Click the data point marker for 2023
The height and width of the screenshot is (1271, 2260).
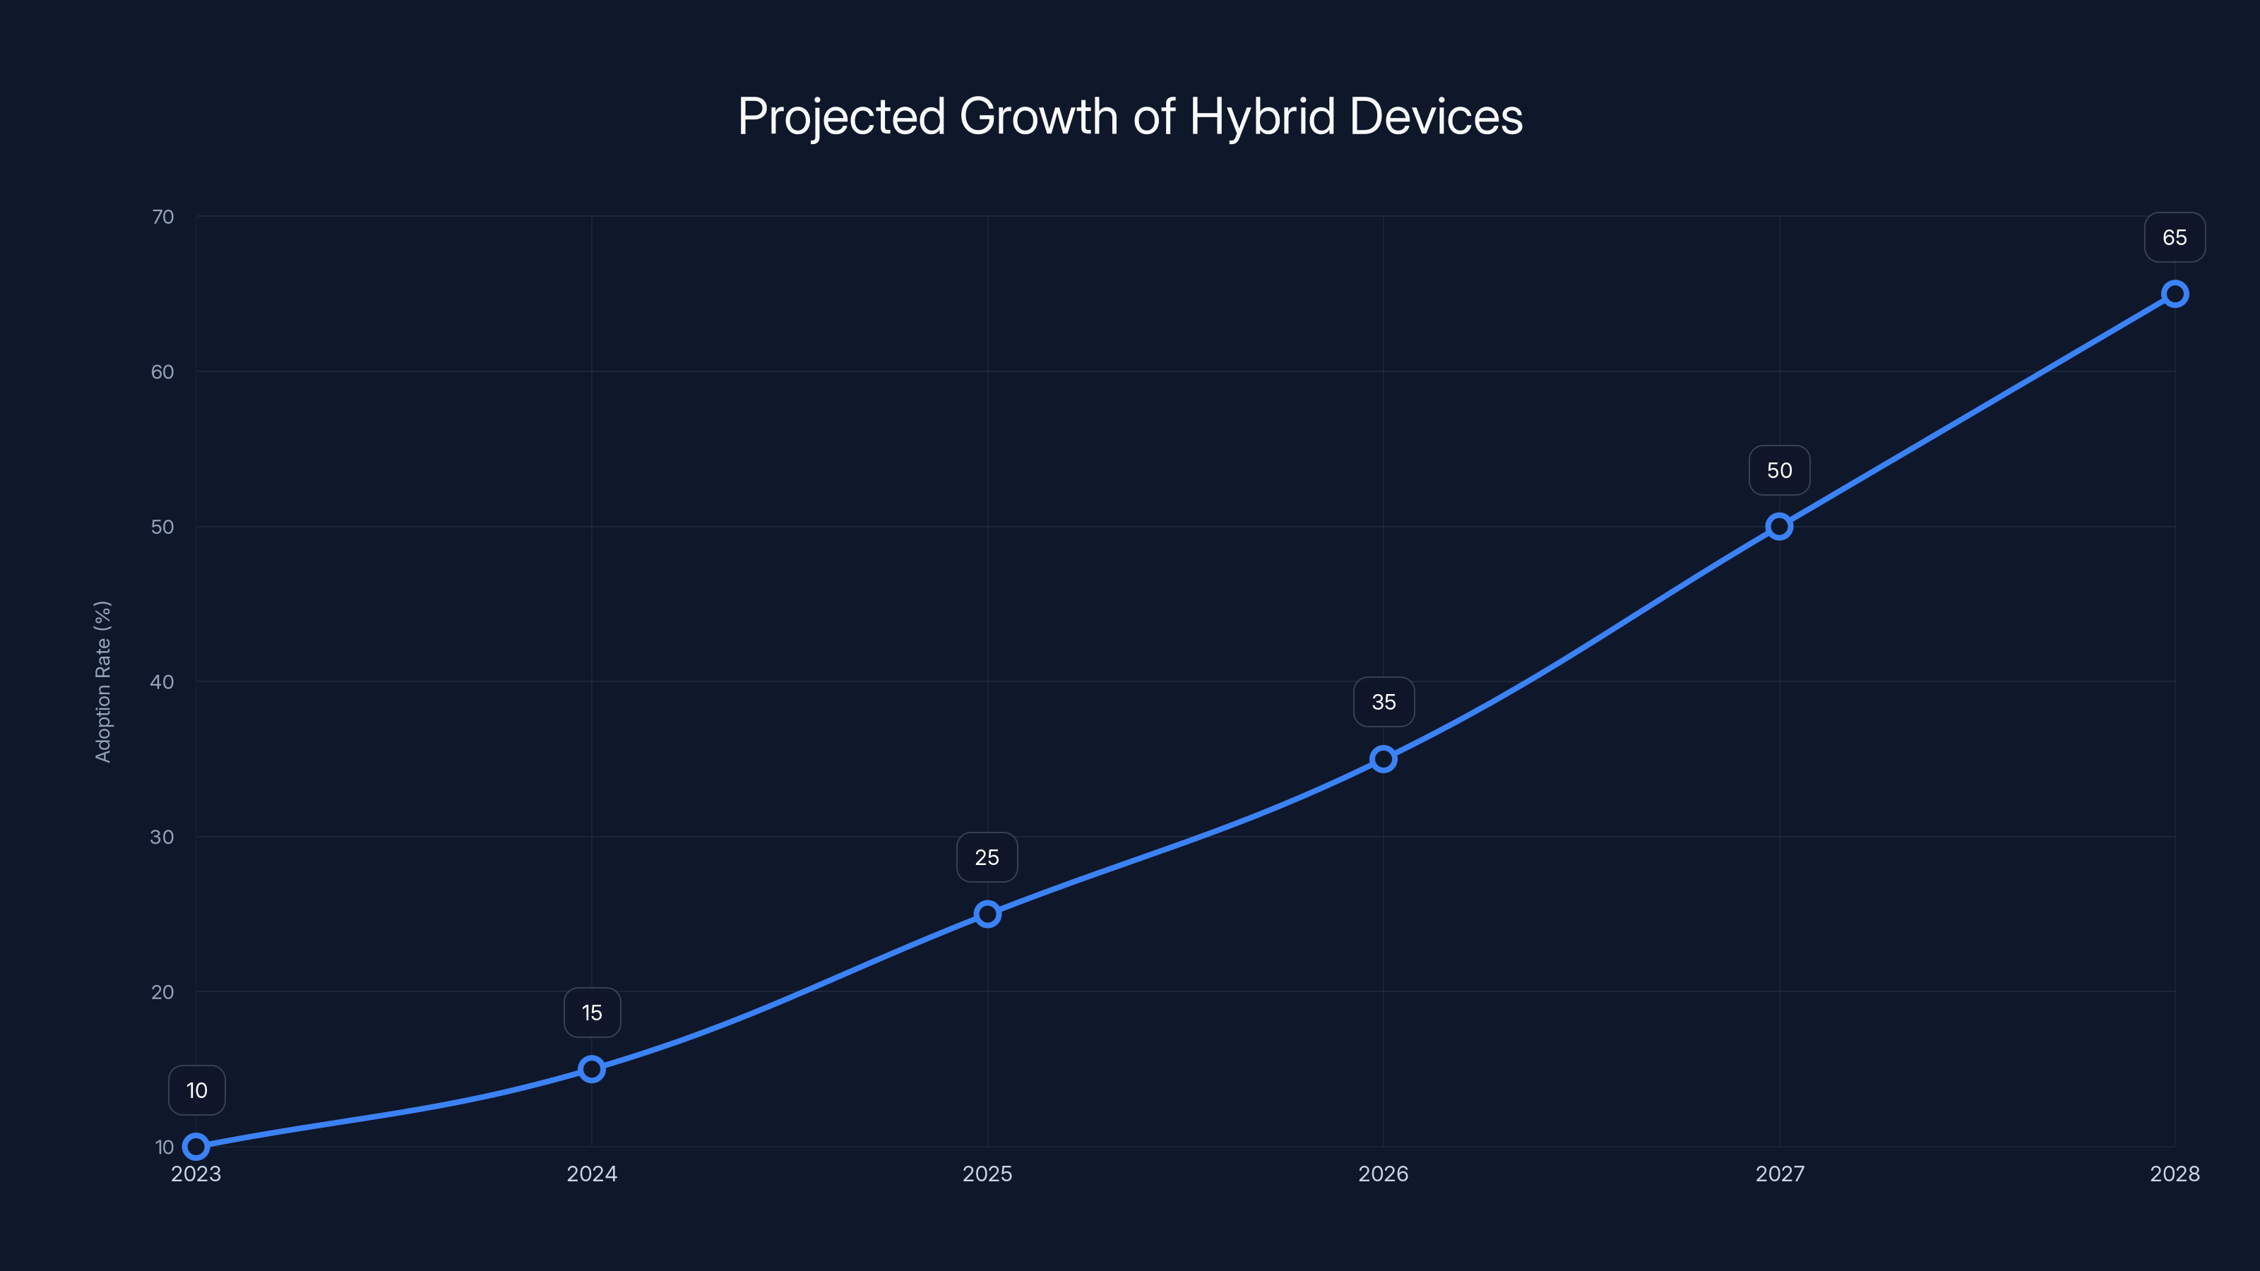[196, 1147]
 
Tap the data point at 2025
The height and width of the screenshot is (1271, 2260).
[987, 914]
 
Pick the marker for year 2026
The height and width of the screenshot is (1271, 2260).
[1384, 759]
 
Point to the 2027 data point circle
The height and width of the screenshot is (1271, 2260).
[1779, 526]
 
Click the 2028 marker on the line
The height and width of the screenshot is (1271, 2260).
[2175, 294]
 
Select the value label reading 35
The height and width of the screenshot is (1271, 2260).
[1384, 702]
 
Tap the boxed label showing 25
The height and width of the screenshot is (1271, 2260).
[987, 857]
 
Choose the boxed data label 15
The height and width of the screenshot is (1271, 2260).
[593, 1013]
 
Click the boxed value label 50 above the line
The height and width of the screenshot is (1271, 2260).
[1779, 470]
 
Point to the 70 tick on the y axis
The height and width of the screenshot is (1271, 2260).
[162, 217]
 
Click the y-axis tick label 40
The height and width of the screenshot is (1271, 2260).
[162, 681]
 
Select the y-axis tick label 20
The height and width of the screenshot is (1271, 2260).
[162, 992]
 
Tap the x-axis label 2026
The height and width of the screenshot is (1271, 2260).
[1383, 1174]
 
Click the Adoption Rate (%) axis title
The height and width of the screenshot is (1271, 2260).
[102, 681]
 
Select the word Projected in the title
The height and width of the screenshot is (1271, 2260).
[841, 117]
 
